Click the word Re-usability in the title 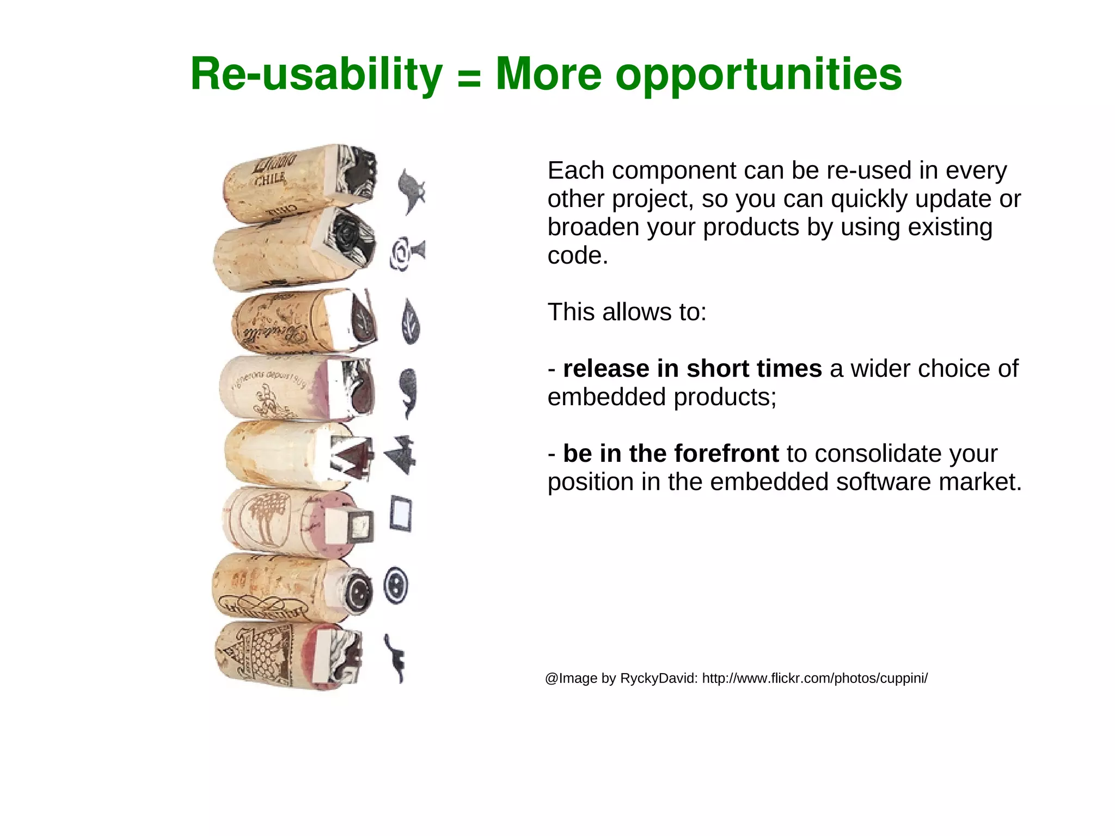point(316,75)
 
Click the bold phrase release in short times point(692,369)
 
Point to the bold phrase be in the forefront point(671,454)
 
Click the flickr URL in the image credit point(814,679)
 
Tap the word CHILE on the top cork point(269,178)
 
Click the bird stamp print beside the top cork point(410,191)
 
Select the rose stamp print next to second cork point(406,253)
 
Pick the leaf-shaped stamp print point(410,321)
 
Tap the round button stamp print point(396,585)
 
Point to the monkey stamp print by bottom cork point(395,658)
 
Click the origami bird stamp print point(401,455)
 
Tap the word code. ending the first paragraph point(577,256)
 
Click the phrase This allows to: point(627,313)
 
